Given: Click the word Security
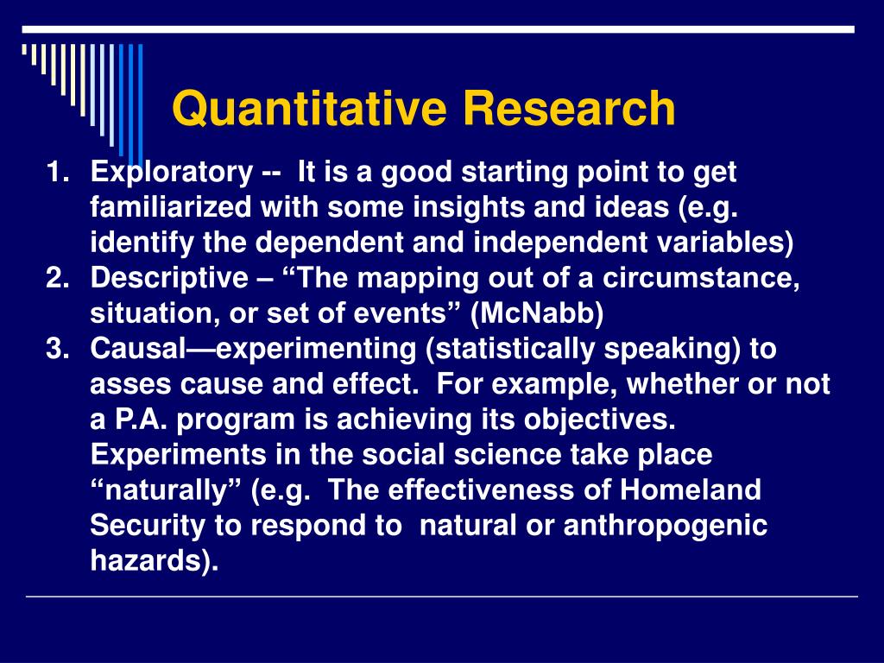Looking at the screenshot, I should click(143, 526).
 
